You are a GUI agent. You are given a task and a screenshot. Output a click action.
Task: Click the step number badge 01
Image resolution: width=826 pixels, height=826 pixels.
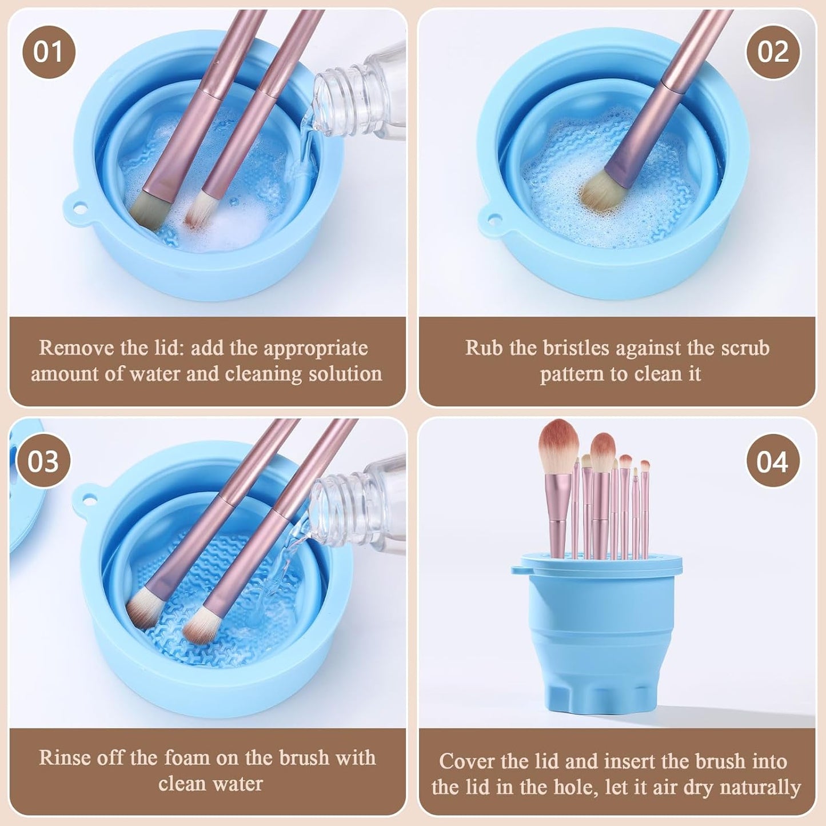point(49,52)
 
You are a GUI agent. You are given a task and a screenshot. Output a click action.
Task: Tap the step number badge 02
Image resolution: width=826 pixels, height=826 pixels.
point(773,52)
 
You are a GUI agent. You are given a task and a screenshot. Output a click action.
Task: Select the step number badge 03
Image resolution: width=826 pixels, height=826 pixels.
point(43,461)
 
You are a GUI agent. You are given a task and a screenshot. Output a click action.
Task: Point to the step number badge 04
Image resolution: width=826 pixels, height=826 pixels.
point(773,461)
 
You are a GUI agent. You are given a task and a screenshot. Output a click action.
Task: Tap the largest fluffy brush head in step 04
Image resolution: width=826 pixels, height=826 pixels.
point(558,444)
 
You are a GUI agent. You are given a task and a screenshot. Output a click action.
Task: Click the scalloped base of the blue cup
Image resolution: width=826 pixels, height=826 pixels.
point(597,696)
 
